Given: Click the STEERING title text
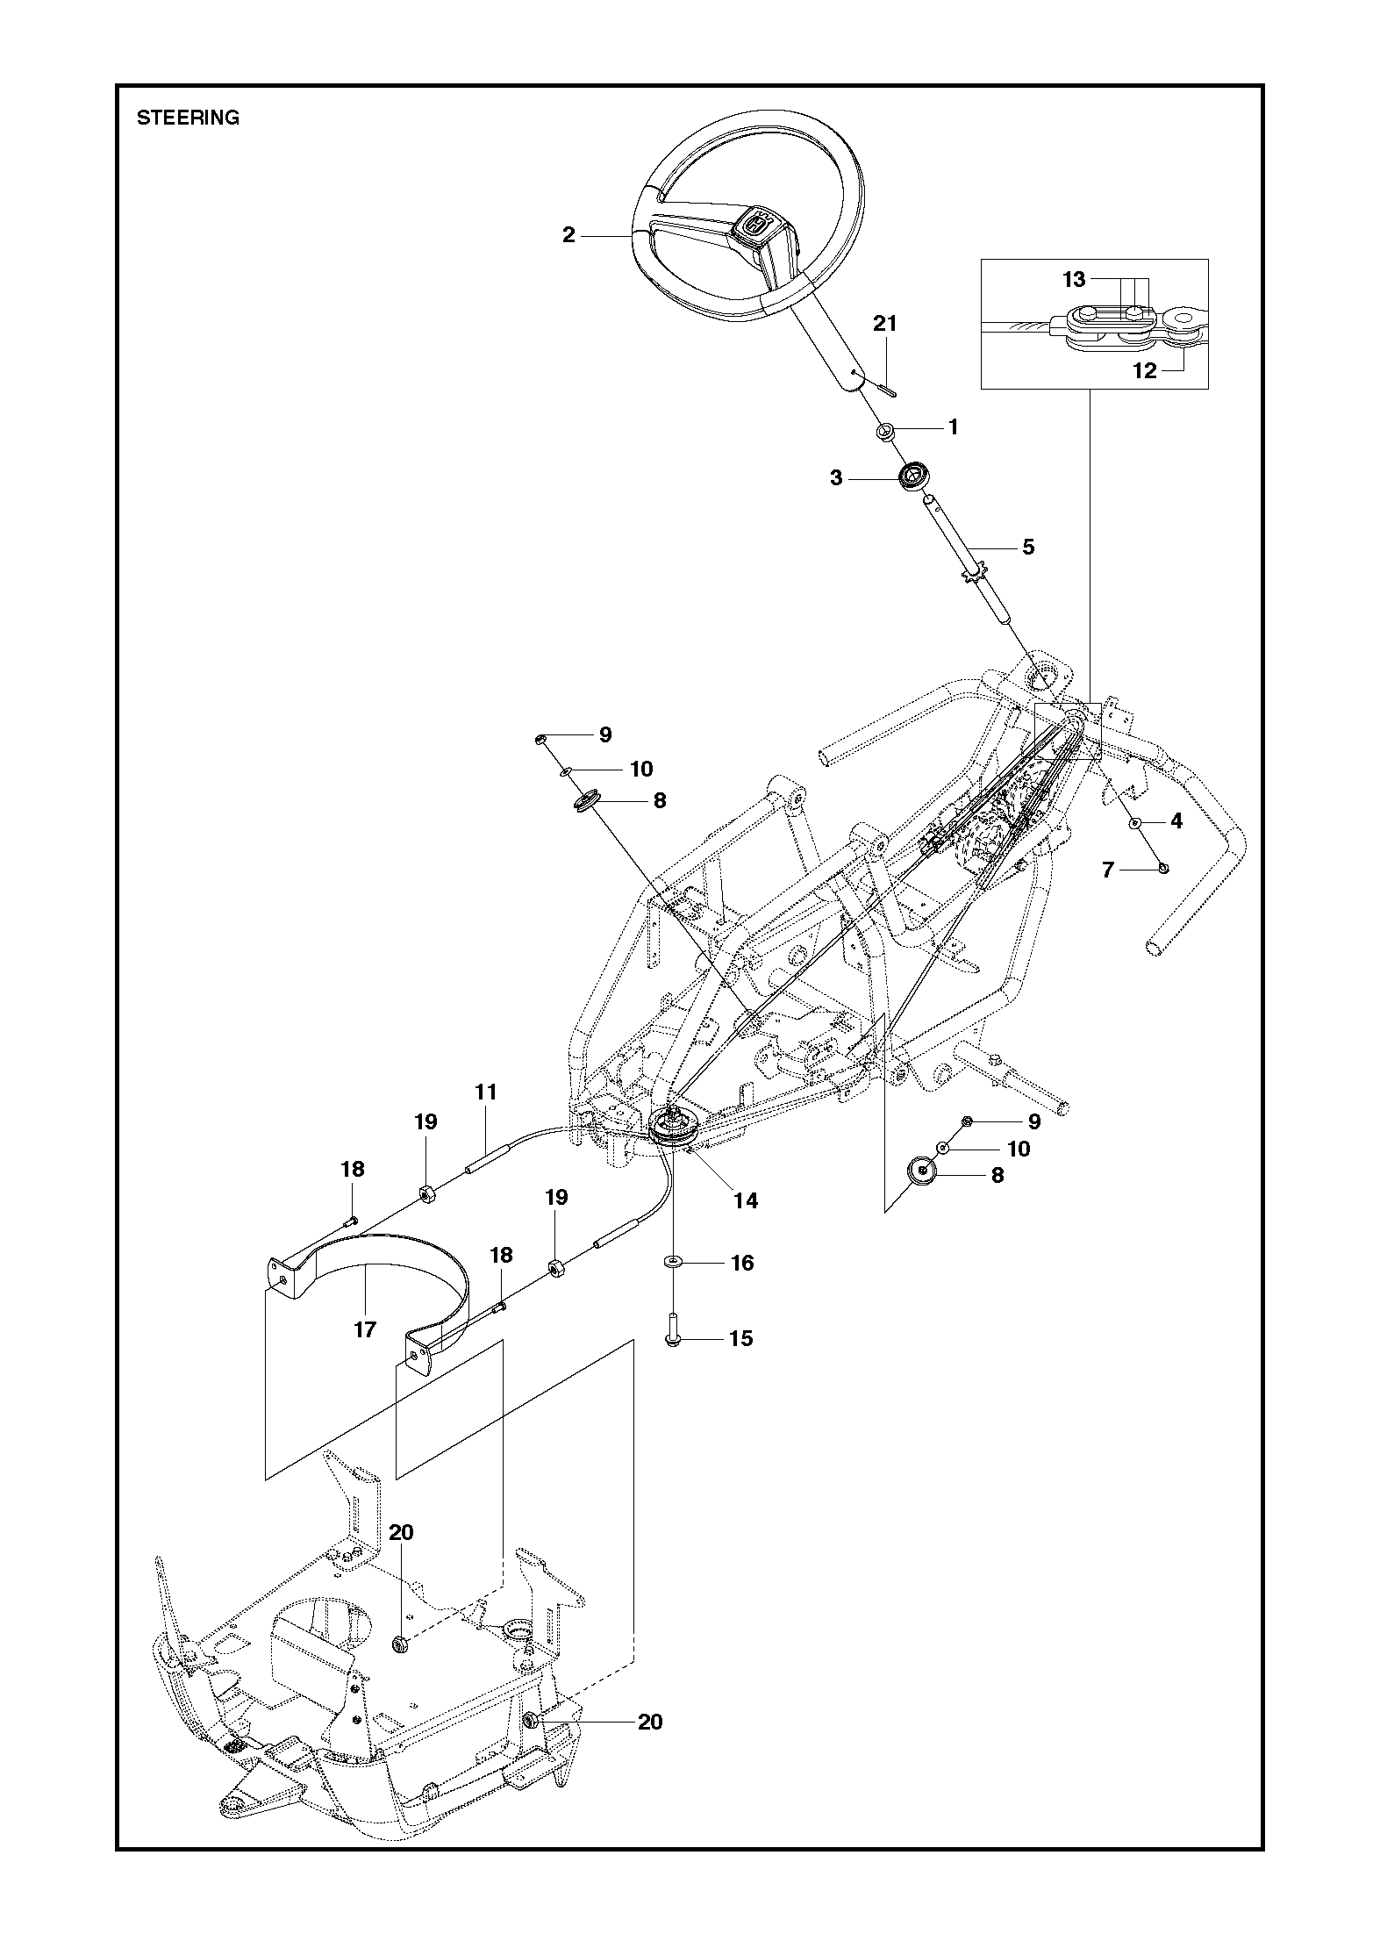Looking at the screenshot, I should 188,118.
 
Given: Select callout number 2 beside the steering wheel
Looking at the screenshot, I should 568,235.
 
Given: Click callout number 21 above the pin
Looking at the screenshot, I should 885,324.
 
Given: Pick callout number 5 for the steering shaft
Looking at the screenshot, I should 1028,547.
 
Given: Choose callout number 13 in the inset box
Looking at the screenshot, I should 1074,279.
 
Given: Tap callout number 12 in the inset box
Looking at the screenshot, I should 1145,370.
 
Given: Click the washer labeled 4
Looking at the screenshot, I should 1134,824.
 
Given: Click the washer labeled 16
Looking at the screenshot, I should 673,1262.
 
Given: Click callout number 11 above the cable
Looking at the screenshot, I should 486,1092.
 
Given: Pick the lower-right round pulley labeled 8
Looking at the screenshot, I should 919,1172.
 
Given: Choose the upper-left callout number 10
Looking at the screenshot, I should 641,769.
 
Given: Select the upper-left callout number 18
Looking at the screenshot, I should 352,1169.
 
